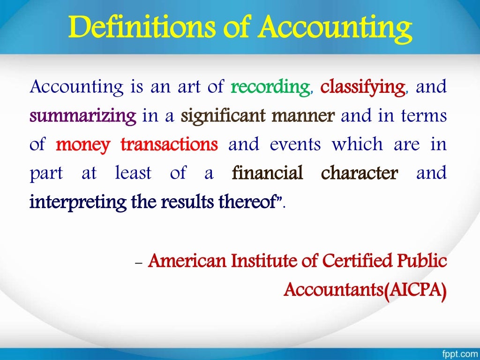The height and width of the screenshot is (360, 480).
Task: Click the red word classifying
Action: pos(363,87)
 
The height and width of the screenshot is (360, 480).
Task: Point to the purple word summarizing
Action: pos(83,116)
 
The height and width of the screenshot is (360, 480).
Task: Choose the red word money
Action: pos(83,145)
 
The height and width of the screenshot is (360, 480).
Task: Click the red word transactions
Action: pos(169,145)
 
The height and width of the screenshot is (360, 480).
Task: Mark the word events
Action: pos(295,145)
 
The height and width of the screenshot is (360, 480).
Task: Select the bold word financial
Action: pos(268,173)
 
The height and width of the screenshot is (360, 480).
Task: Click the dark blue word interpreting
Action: pos(72,202)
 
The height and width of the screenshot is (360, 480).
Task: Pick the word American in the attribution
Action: pos(184,261)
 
